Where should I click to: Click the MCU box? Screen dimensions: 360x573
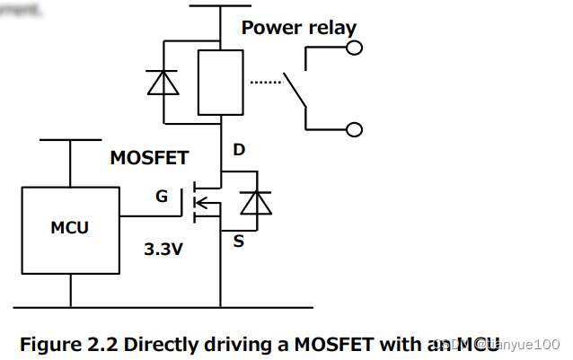pyautogui.click(x=70, y=230)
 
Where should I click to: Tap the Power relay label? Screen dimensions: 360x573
pyautogui.click(x=298, y=28)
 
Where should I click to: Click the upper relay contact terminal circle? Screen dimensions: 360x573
pyautogui.click(x=355, y=48)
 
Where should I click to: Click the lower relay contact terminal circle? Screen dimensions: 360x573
pyautogui.click(x=355, y=130)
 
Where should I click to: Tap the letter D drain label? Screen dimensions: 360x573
pyautogui.click(x=239, y=150)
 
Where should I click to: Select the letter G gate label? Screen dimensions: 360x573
pyautogui.click(x=162, y=195)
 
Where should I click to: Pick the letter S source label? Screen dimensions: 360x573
pyautogui.click(x=239, y=241)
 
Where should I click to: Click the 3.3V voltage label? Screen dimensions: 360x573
pyautogui.click(x=163, y=250)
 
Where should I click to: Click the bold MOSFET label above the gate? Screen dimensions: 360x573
pyautogui.click(x=149, y=158)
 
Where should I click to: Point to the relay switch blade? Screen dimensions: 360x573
pyautogui.click(x=295, y=92)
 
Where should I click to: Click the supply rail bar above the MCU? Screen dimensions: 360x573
pyautogui.click(x=70, y=140)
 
